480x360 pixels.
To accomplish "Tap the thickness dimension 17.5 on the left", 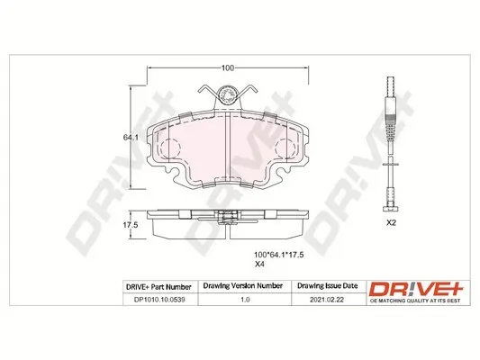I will [x=129, y=225].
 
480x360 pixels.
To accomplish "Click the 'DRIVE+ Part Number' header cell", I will [x=156, y=286].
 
